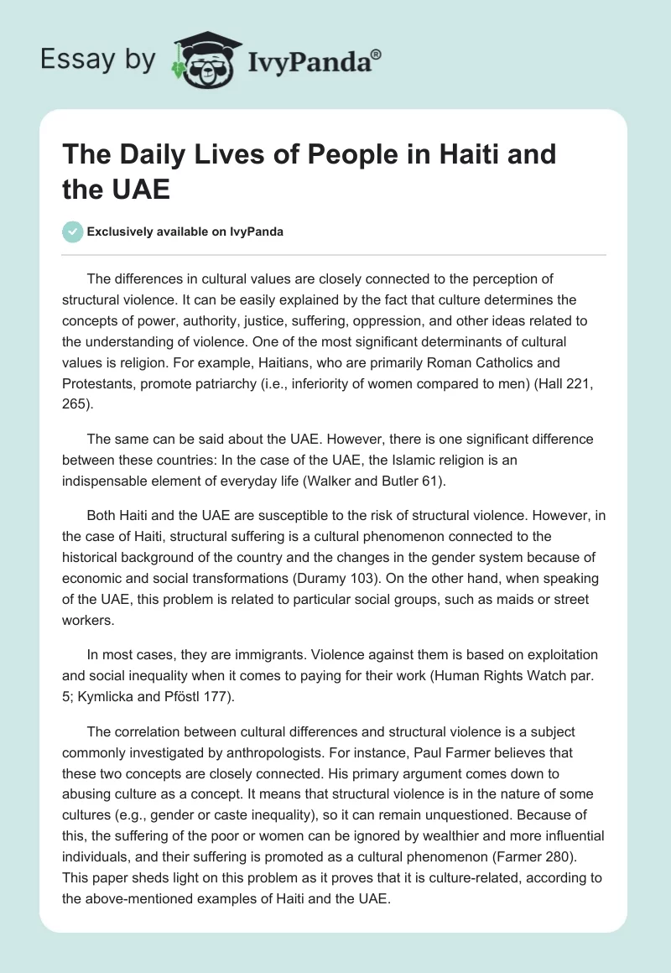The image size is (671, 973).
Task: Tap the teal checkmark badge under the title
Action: (73, 232)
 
